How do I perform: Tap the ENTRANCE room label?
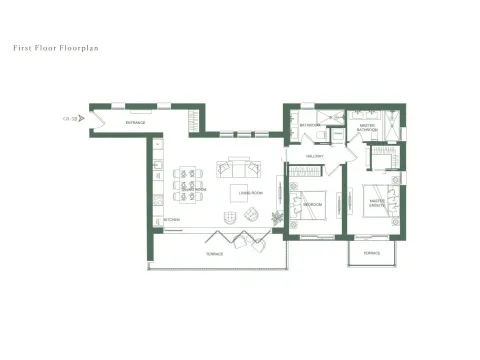[x=136, y=122]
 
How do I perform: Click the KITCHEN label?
[x=171, y=219]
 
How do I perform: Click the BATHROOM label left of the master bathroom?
[x=311, y=125]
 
